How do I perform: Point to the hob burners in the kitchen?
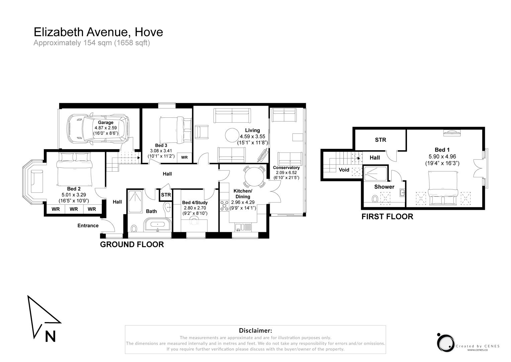(x=224, y=206)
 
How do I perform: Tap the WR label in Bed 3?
(x=184, y=157)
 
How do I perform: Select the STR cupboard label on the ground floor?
(x=166, y=195)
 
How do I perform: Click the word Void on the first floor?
(x=344, y=170)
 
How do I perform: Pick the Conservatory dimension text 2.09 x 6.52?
(x=286, y=173)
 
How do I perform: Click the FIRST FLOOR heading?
(x=387, y=217)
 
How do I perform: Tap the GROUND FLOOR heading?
(x=132, y=244)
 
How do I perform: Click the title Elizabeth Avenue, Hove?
(x=98, y=32)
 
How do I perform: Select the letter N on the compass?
(x=51, y=336)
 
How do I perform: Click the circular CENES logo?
(x=445, y=343)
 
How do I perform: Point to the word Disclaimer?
(x=255, y=331)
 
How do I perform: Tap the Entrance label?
(x=88, y=226)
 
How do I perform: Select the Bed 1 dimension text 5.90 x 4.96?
(x=442, y=157)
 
